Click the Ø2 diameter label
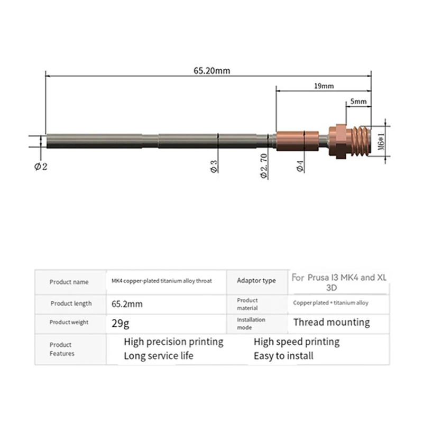(41, 166)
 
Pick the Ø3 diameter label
(214, 166)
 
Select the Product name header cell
(69, 282)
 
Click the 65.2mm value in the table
(127, 304)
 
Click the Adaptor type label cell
(256, 281)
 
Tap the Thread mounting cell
(332, 322)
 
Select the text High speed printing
(296, 342)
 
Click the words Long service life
(159, 356)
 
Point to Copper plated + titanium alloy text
(331, 303)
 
